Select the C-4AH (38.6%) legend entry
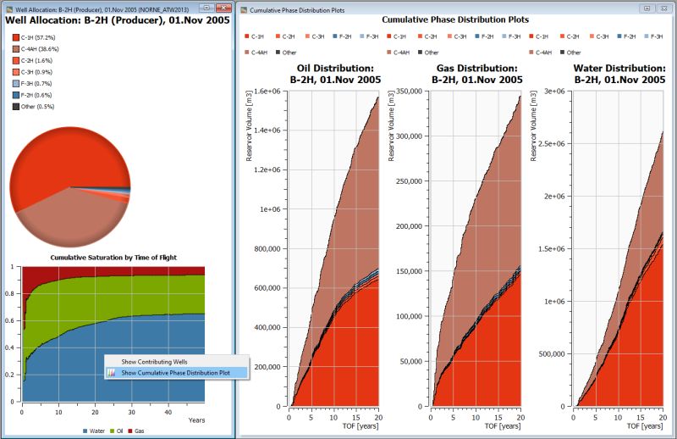[41, 51]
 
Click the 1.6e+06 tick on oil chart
[267, 91]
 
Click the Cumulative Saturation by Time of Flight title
[113, 257]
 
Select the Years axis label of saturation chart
[196, 420]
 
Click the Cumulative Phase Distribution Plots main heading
[454, 19]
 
